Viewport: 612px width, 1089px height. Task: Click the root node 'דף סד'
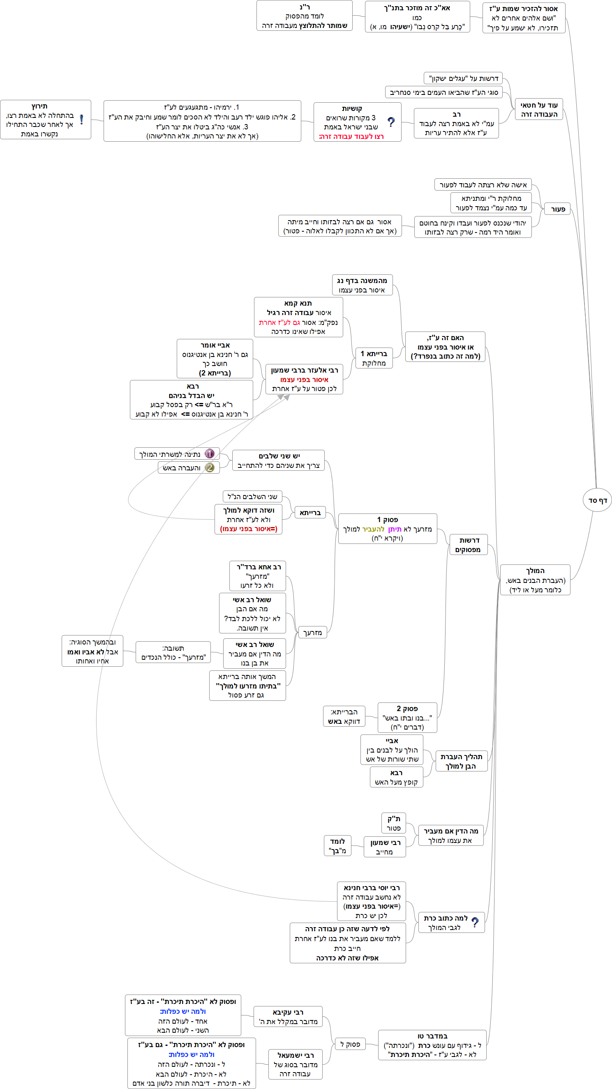click(x=597, y=500)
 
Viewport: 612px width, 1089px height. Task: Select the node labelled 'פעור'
click(x=557, y=209)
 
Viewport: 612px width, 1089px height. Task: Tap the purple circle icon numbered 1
click(x=209, y=454)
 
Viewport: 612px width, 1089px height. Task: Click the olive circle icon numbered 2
click(x=209, y=467)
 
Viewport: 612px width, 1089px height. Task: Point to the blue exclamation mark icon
click(x=81, y=120)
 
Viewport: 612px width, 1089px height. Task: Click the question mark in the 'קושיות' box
click(x=391, y=122)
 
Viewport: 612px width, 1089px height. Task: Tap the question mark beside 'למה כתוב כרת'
click(x=475, y=922)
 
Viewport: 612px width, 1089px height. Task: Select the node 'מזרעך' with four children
click(x=312, y=633)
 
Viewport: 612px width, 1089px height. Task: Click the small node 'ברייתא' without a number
click(x=310, y=512)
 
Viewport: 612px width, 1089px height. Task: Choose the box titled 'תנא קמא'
click(x=298, y=317)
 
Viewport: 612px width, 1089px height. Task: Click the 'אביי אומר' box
click(x=215, y=359)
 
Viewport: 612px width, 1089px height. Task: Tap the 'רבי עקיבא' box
click(x=288, y=1017)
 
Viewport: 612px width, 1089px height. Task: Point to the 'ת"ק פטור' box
click(x=393, y=823)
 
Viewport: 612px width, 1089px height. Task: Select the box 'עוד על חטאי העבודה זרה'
click(x=539, y=110)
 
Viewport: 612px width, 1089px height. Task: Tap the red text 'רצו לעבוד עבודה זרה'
click(x=351, y=136)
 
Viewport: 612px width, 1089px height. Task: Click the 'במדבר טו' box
click(x=432, y=1045)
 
